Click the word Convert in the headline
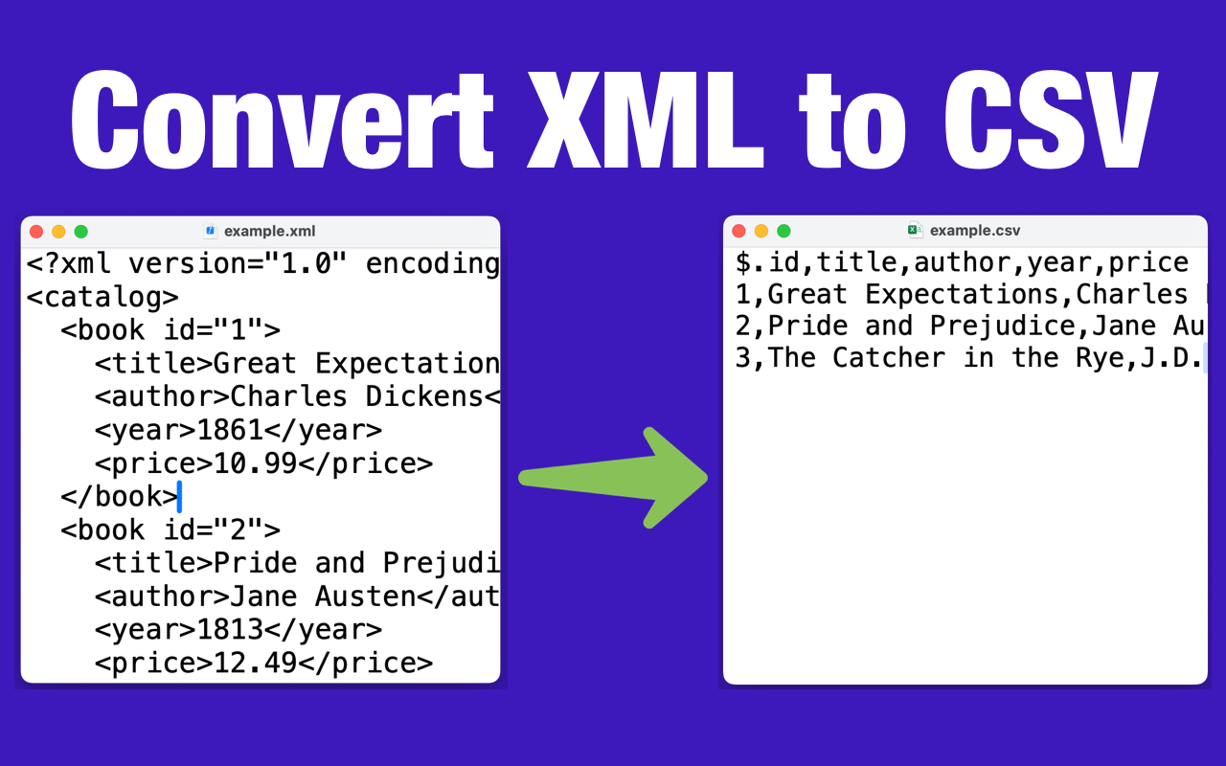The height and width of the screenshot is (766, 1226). pyautogui.click(x=283, y=120)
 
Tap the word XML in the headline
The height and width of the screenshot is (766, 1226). pyautogui.click(x=646, y=120)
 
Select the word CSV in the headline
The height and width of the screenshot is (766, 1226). pyautogui.click(x=1051, y=120)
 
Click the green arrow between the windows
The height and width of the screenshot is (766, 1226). pyautogui.click(x=613, y=478)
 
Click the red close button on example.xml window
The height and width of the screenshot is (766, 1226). pyautogui.click(x=36, y=232)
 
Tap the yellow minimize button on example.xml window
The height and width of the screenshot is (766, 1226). pyautogui.click(x=58, y=232)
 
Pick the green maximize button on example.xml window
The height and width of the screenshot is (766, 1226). pyautogui.click(x=81, y=232)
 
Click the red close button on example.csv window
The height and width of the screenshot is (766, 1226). pyautogui.click(x=738, y=231)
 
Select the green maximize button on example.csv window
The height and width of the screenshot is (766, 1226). pyautogui.click(x=783, y=231)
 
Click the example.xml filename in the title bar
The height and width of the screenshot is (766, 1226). pyautogui.click(x=270, y=232)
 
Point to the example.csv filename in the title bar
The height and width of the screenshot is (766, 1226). pyautogui.click(x=975, y=231)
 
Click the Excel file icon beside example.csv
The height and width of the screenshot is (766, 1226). pyautogui.click(x=915, y=230)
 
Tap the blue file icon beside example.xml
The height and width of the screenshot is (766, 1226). pyautogui.click(x=210, y=231)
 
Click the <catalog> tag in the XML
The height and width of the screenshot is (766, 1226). pyautogui.click(x=102, y=297)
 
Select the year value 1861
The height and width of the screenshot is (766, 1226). pyautogui.click(x=230, y=430)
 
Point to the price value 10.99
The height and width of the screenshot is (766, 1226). pyautogui.click(x=255, y=463)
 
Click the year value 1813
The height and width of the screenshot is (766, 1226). pyautogui.click(x=230, y=630)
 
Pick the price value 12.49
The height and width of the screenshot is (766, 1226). pyautogui.click(x=255, y=664)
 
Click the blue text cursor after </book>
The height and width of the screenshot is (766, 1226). pyautogui.click(x=179, y=496)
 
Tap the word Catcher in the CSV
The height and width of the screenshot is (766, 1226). pyautogui.click(x=889, y=358)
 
